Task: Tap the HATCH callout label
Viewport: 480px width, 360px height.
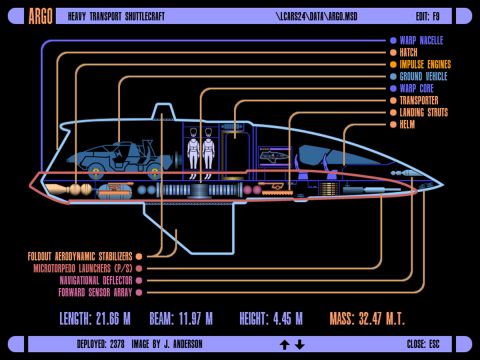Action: point(411,53)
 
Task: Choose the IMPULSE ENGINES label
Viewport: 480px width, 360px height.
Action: point(425,65)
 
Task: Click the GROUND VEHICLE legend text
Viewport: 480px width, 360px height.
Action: point(425,77)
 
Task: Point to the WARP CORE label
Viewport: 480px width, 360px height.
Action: point(418,89)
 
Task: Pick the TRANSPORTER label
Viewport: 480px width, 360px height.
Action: point(421,101)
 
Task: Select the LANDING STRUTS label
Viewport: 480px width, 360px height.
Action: point(424,113)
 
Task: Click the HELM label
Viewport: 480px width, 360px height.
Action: point(408,125)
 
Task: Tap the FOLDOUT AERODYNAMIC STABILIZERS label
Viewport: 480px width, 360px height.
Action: point(80,256)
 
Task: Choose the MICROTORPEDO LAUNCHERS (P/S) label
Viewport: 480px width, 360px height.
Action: point(82,268)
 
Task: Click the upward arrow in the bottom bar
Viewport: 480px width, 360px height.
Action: point(284,345)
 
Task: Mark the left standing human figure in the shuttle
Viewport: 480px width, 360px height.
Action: point(193,151)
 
